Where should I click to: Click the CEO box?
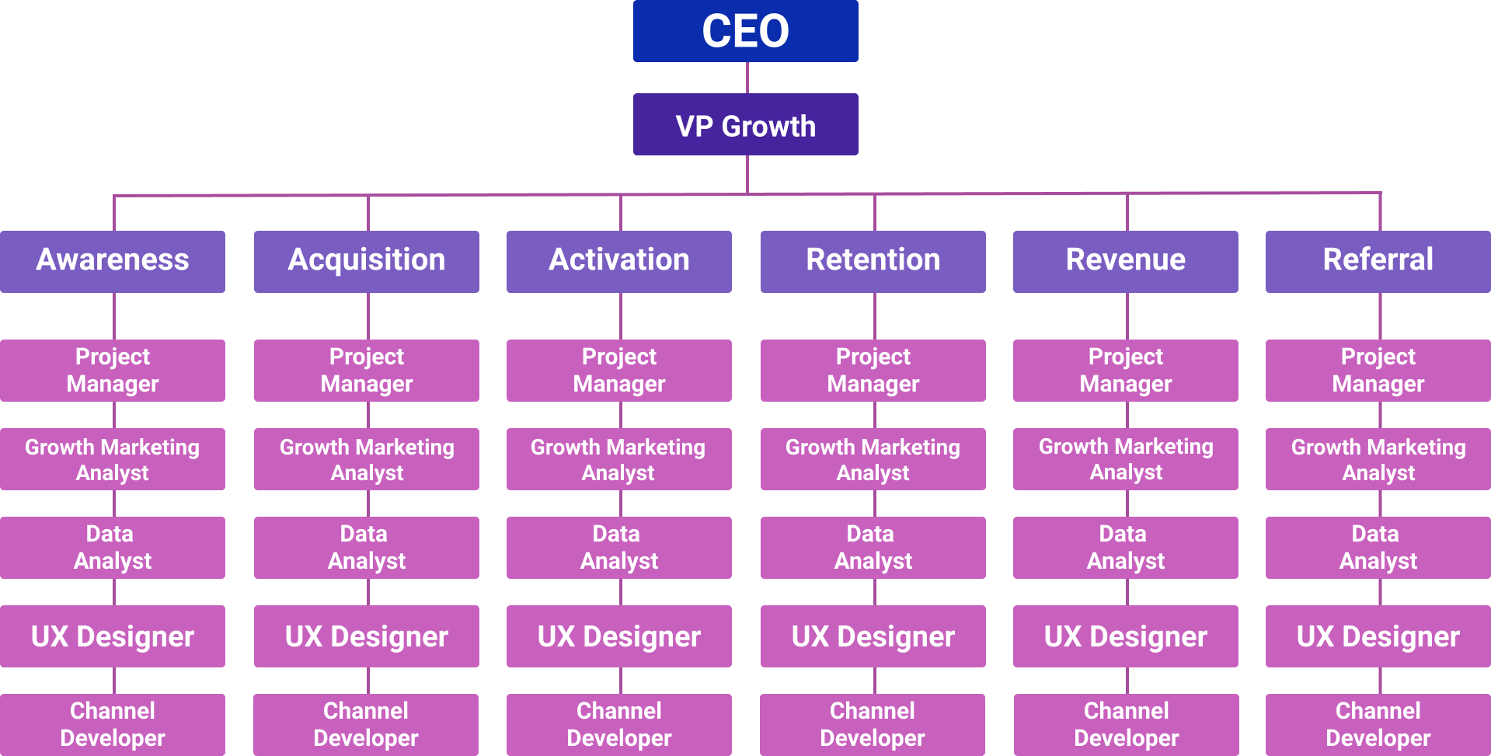pos(745,31)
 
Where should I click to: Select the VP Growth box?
pos(745,124)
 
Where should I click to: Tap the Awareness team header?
pos(113,262)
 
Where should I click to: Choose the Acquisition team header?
pos(367,262)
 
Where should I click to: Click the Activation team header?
pos(619,262)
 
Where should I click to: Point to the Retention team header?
pos(873,262)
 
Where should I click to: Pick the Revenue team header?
pos(1126,262)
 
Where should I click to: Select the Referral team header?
pos(1378,262)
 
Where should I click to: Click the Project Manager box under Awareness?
pos(113,371)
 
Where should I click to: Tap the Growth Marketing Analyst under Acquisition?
pos(367,459)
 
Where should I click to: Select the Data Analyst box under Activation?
pos(619,548)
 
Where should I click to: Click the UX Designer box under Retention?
pos(873,636)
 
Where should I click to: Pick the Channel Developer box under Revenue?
pos(1127,725)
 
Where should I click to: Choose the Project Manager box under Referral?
pos(1378,371)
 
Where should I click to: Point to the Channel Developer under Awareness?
pos(113,725)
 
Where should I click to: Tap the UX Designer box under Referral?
pos(1378,636)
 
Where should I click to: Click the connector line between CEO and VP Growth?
pos(747,78)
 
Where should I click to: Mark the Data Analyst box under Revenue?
pos(1126,548)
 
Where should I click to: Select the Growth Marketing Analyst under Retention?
pos(873,459)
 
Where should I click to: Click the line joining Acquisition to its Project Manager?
pos(368,316)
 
